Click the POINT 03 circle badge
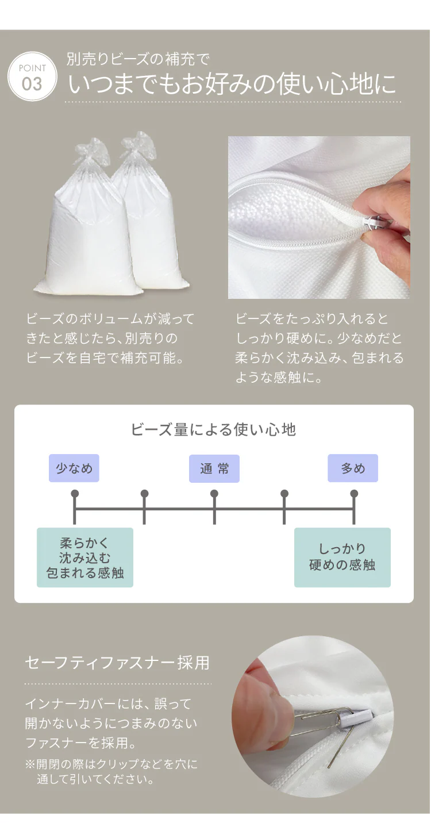[x=32, y=76]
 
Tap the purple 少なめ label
[x=74, y=468]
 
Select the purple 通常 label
[x=214, y=468]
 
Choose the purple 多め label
[x=353, y=468]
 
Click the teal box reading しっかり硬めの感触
[x=342, y=557]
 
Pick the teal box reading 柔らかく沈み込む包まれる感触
[x=85, y=557]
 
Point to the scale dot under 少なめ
[x=75, y=493]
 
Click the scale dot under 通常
[x=214, y=493]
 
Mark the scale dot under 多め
[x=354, y=493]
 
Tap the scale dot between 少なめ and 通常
[x=144, y=493]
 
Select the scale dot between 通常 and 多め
[x=284, y=493]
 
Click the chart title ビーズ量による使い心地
[x=213, y=429]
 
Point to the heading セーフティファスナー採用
[x=117, y=663]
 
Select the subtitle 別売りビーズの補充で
[x=138, y=59]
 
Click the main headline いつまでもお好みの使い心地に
[x=232, y=84]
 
